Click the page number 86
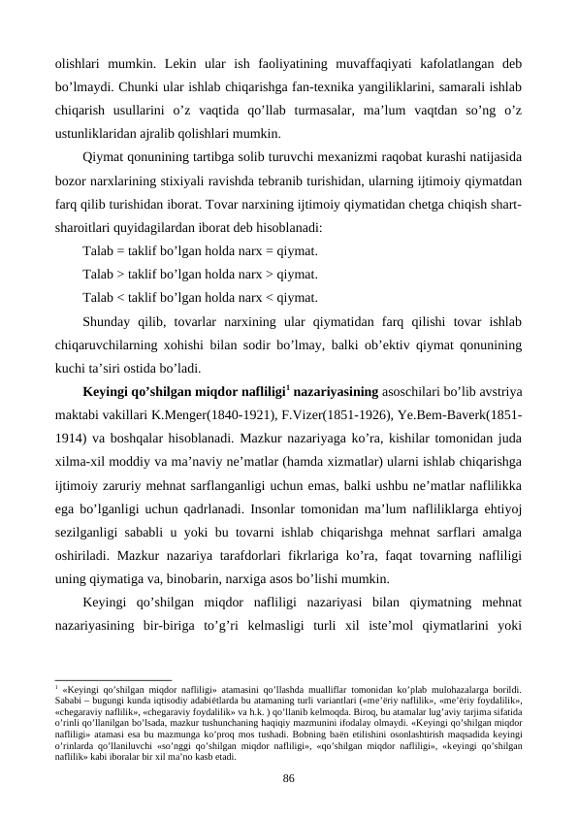click(x=288, y=776)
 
